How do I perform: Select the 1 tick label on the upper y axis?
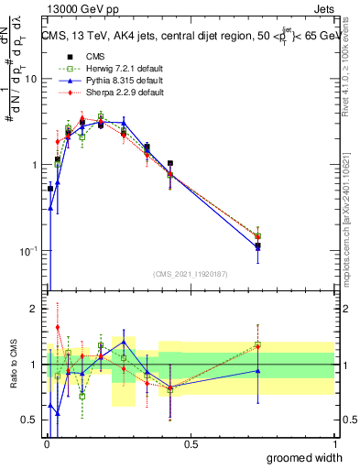35,165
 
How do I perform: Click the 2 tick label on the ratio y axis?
35,309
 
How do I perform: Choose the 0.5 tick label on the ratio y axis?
30,420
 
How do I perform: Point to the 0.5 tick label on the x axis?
190,444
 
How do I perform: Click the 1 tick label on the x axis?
335,444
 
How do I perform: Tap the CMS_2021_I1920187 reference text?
190,273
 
